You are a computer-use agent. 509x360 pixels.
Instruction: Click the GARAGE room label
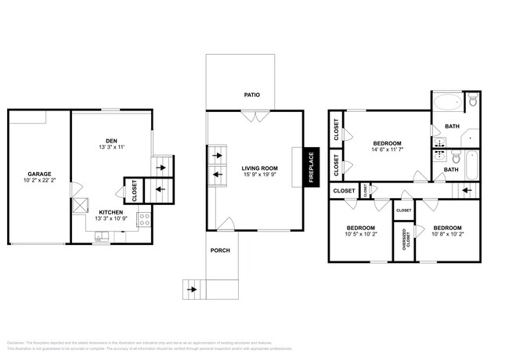(39, 175)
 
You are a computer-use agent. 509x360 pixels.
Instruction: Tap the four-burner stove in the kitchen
(145, 220)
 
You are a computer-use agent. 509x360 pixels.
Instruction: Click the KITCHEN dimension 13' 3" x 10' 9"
(111, 218)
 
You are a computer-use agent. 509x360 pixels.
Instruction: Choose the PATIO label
(251, 95)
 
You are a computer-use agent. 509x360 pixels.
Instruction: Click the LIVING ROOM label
(258, 167)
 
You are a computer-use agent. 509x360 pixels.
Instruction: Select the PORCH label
(219, 250)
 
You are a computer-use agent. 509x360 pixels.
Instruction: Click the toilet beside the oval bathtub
(472, 101)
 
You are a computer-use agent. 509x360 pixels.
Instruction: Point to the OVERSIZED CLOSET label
(405, 238)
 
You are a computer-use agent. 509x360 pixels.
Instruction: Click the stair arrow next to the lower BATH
(467, 189)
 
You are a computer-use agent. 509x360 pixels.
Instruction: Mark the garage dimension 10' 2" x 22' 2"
(39, 182)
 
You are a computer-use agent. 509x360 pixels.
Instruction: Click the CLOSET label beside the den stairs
(134, 192)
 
